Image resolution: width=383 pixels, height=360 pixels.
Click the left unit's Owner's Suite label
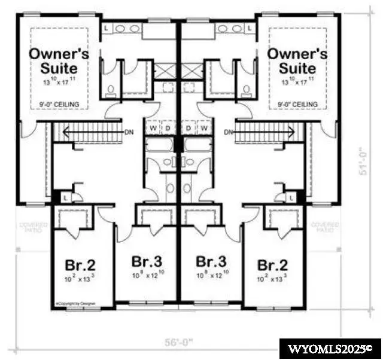(60, 60)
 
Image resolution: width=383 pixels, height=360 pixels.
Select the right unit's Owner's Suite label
(297, 60)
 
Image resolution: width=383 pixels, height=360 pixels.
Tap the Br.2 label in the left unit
(80, 264)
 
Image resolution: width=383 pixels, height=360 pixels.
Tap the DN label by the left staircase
(129, 132)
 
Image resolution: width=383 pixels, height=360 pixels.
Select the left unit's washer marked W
(154, 128)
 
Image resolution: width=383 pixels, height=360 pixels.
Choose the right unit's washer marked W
(205, 128)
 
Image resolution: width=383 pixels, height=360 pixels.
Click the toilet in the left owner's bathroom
(111, 90)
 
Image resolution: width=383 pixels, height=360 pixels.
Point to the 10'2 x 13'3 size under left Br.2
(80, 277)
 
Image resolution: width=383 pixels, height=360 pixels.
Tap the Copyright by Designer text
(71, 303)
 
